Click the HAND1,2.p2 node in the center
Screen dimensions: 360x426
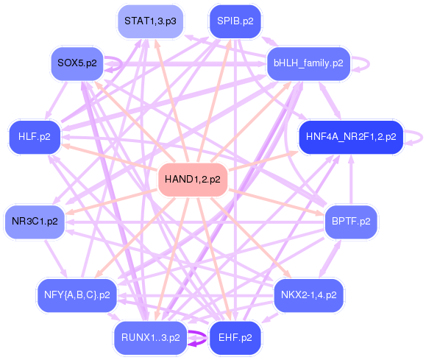click(x=193, y=180)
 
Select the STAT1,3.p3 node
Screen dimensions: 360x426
click(x=150, y=21)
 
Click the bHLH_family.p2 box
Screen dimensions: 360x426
click(x=308, y=63)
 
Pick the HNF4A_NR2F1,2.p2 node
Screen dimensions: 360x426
click(x=351, y=137)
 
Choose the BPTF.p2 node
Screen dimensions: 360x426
click(x=351, y=220)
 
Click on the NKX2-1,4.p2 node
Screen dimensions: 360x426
click(x=308, y=295)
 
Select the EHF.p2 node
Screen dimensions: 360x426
click(x=235, y=338)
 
